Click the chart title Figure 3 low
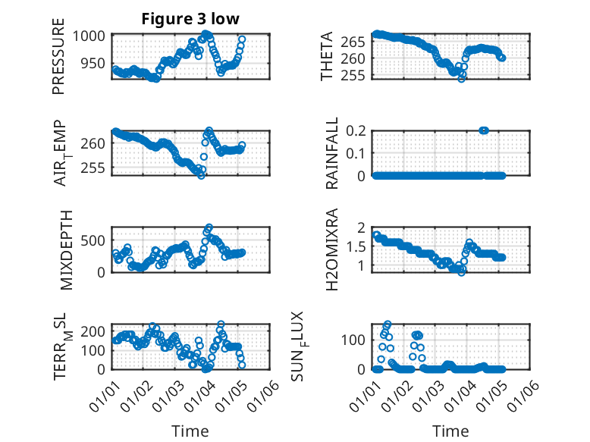pyautogui.click(x=190, y=20)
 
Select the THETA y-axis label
pyautogui.click(x=327, y=56)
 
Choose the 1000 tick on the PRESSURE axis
pyautogui.click(x=93, y=36)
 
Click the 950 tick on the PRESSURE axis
pyautogui.click(x=97, y=63)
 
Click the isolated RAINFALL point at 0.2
pyautogui.click(x=484, y=130)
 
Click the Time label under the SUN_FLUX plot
pyautogui.click(x=450, y=431)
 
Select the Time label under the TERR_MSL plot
pyautogui.click(x=190, y=431)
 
